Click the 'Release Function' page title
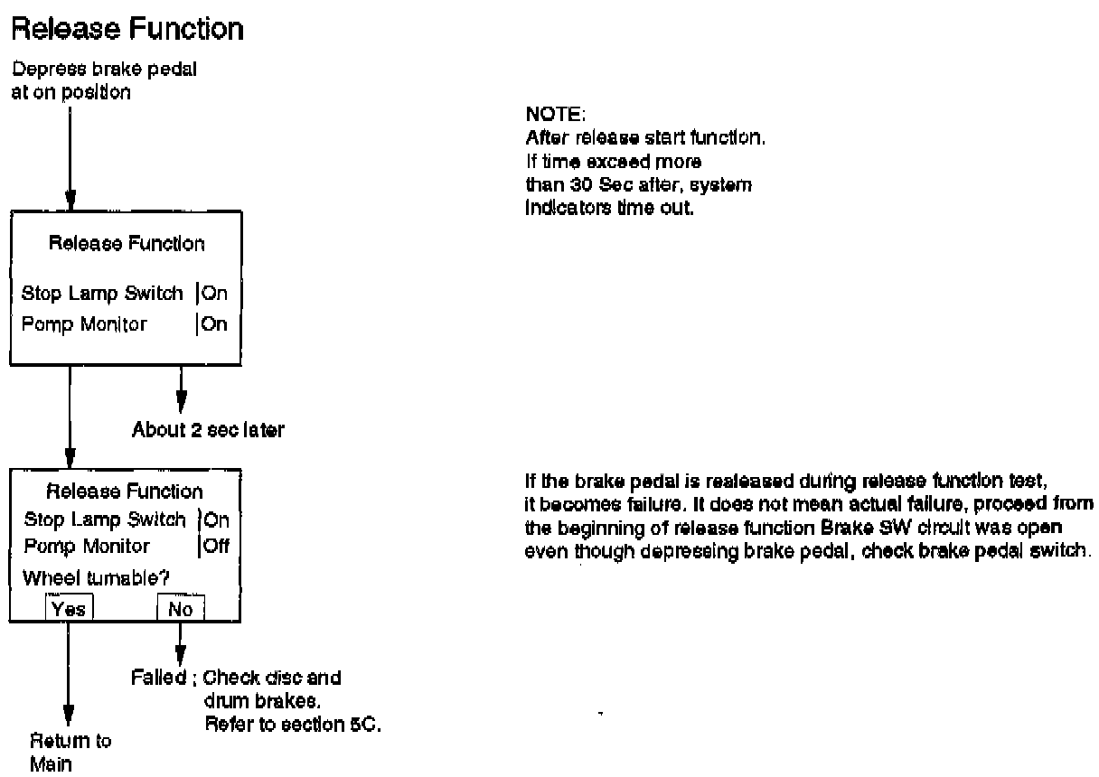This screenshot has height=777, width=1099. click(127, 29)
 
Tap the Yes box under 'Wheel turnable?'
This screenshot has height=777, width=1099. click(69, 609)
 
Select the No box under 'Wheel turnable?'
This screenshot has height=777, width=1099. click(180, 609)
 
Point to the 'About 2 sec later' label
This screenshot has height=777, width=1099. click(208, 430)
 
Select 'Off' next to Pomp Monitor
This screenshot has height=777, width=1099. click(217, 546)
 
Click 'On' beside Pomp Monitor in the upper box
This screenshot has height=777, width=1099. click(215, 323)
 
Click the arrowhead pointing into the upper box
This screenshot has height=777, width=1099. click(70, 200)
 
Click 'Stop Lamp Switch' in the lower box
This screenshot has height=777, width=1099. click(104, 519)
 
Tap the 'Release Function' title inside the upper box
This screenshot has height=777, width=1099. click(126, 243)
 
